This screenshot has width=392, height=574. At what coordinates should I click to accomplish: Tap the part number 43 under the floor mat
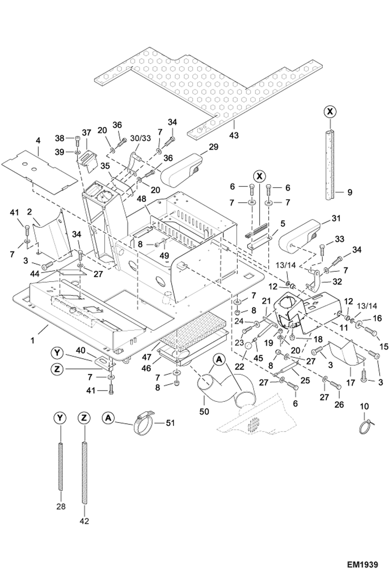234,135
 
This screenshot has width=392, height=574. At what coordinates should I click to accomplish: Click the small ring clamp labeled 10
365,428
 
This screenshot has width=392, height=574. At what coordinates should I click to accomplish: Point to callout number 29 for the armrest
214,147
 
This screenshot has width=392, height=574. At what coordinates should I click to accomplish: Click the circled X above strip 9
330,112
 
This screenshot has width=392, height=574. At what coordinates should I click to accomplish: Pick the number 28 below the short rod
61,507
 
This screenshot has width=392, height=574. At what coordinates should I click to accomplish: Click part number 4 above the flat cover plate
38,140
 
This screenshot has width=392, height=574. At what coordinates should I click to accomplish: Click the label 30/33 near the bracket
141,138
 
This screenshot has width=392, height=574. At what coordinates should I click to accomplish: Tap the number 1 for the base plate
32,341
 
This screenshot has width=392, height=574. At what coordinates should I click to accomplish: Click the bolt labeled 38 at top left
77,138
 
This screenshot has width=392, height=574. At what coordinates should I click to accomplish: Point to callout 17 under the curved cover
350,382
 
